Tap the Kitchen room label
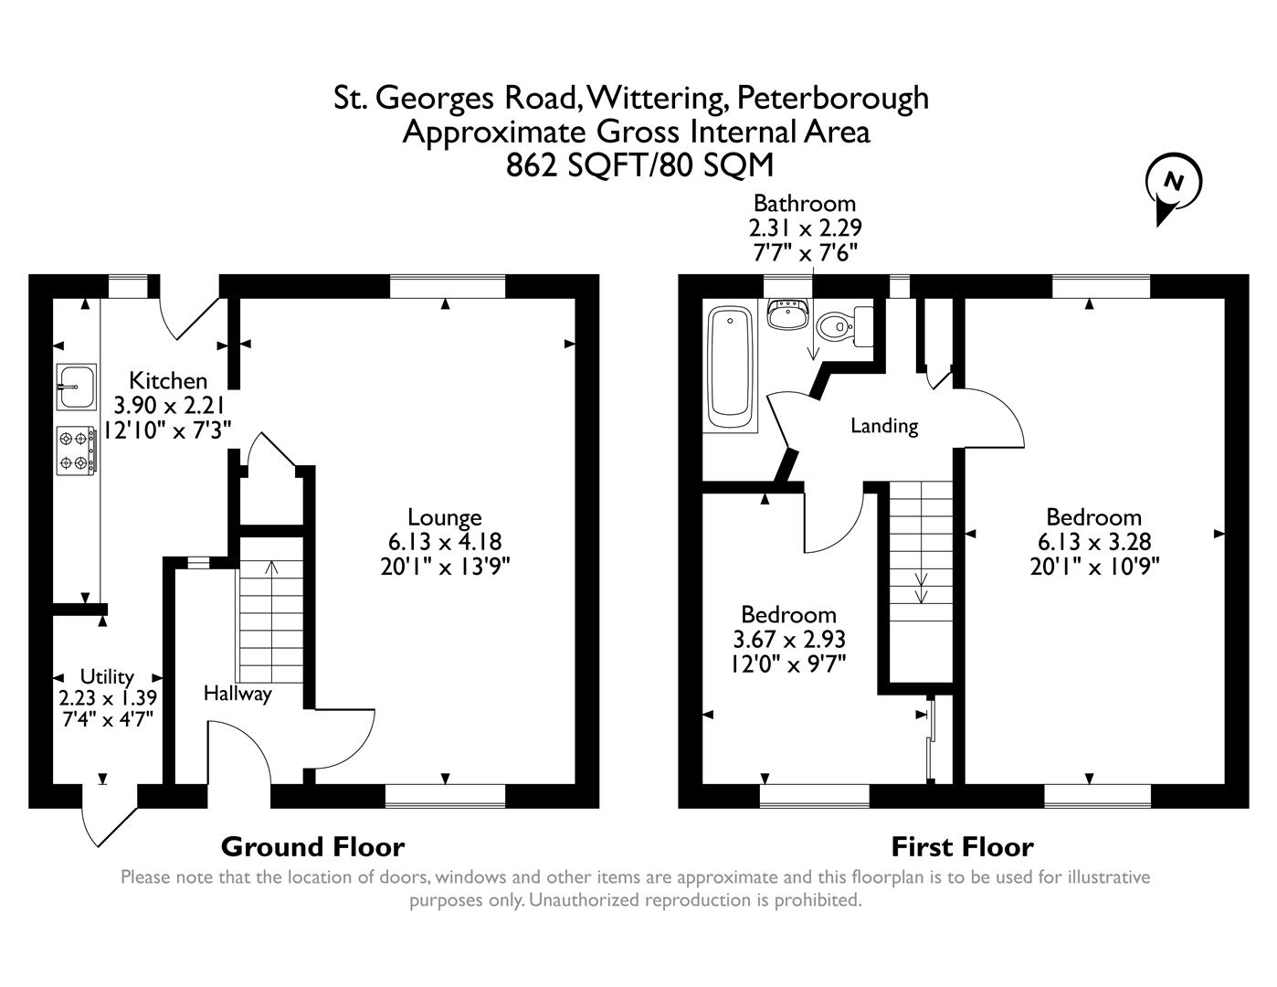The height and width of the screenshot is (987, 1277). [x=168, y=380]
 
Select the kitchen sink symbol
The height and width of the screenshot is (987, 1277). [x=77, y=387]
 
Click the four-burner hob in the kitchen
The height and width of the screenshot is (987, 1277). [x=77, y=451]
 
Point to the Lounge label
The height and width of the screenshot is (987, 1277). [x=444, y=517]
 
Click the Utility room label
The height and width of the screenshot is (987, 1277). [x=107, y=676]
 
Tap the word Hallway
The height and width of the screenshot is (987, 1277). [x=237, y=694]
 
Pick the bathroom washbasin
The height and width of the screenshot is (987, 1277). [x=786, y=315]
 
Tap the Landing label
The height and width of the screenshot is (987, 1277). [x=883, y=425]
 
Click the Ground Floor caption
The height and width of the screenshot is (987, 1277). [x=312, y=846]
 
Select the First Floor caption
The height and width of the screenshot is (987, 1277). [x=962, y=846]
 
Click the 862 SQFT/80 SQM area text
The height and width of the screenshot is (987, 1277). [x=638, y=165]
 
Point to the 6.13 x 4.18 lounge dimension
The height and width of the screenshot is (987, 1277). [x=444, y=542]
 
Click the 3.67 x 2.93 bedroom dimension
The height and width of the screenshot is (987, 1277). [x=788, y=639]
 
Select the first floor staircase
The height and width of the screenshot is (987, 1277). [x=921, y=557]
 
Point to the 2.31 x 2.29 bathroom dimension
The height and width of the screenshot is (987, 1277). [x=804, y=228]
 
